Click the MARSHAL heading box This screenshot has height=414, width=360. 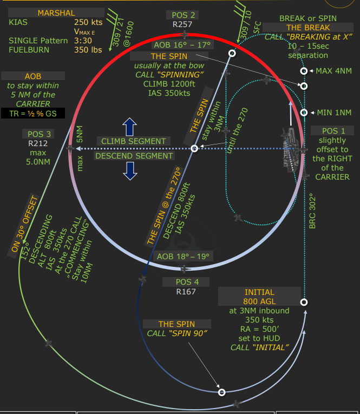click(56, 13)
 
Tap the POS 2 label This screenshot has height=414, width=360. click(184, 15)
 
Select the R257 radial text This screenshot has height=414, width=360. click(184, 24)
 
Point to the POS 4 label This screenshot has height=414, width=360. click(187, 282)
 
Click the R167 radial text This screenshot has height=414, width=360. click(186, 292)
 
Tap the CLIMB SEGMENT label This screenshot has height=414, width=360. click(134, 141)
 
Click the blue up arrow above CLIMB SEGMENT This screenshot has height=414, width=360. click(129, 127)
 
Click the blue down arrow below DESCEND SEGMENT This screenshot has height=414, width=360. click(129, 170)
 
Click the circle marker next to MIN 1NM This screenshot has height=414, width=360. click(304, 113)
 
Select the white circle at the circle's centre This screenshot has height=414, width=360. click(194, 148)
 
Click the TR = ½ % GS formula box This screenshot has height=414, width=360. click(32, 114)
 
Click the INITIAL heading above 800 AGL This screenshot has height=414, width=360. click(259, 293)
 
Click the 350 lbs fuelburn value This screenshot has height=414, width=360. click(87, 50)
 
